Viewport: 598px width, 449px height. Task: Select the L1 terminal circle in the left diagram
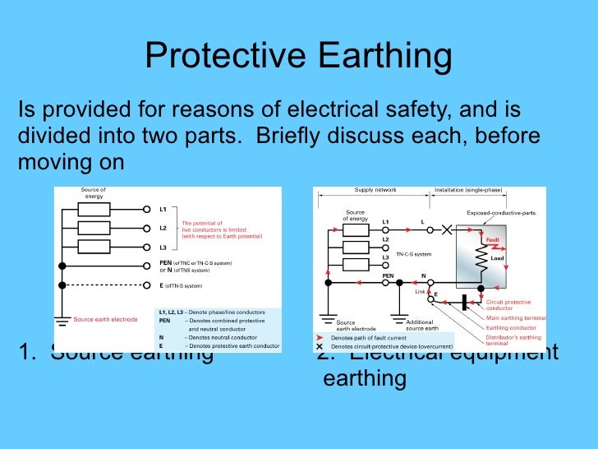147,209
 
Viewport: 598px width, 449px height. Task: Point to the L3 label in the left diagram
163,247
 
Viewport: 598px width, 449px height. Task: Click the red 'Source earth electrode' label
106,319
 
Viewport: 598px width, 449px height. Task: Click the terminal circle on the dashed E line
147,285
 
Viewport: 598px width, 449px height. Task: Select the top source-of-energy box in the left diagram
93,209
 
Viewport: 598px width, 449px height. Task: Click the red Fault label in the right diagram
492,240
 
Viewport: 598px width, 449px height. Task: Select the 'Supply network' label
375,190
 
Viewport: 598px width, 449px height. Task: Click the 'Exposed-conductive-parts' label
501,213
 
